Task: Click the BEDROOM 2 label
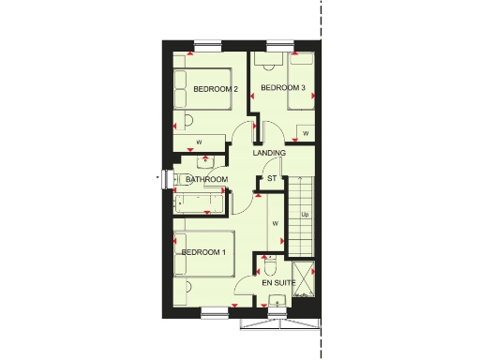pyautogui.click(x=216, y=89)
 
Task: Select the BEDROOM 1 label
pyautogui.click(x=204, y=252)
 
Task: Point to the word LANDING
pyautogui.click(x=270, y=153)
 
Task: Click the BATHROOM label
pyautogui.click(x=206, y=179)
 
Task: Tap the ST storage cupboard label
pyautogui.click(x=272, y=178)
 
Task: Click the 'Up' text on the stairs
pyautogui.click(x=305, y=216)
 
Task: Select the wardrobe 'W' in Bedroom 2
pyautogui.click(x=199, y=142)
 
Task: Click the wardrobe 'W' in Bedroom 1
pyautogui.click(x=276, y=223)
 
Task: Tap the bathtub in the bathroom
pyautogui.click(x=201, y=200)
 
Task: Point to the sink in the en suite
pyautogui.click(x=276, y=301)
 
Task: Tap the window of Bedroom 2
pyautogui.click(x=207, y=43)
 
